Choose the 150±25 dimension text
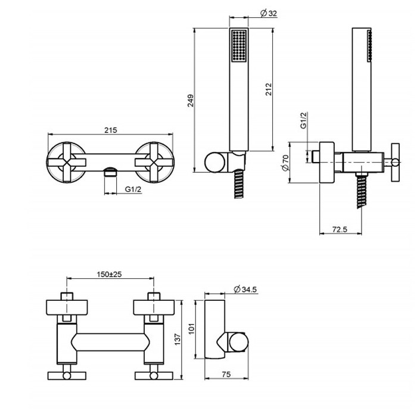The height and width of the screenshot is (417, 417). coord(111,275)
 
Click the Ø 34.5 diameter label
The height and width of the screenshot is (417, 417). coord(246,289)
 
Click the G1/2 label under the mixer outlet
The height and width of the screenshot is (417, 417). coord(133,189)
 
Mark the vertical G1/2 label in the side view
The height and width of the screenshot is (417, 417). coord(303,122)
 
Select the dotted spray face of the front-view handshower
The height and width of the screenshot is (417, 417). coord(238,45)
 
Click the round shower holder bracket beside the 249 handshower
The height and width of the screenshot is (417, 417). coord(214,161)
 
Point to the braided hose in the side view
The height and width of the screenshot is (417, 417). coord(360,190)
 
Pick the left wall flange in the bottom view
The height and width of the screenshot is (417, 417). coord(67,308)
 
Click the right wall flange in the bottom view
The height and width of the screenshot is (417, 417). coord(155,308)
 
